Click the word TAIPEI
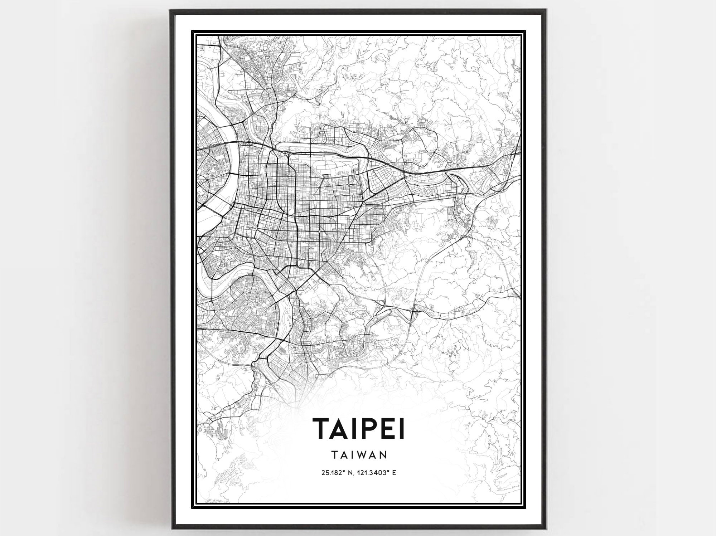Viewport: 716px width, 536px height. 359,428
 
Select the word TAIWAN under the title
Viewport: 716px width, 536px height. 359,455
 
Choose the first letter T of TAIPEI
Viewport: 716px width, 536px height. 323,428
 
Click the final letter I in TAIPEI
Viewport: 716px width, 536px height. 402,428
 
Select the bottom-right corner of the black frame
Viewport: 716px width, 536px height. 546,529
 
